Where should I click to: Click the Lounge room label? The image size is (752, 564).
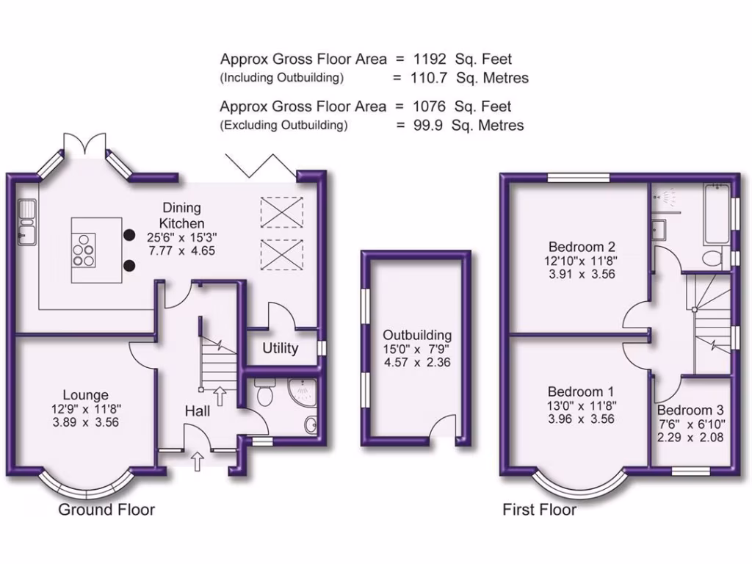[x=86, y=394]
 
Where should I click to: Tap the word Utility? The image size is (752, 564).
[x=280, y=348]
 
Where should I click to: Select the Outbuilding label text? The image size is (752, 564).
[x=417, y=335]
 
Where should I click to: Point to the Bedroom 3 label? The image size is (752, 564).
[x=690, y=410]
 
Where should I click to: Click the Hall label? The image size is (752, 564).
[x=198, y=411]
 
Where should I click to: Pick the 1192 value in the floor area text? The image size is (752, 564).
[x=429, y=59]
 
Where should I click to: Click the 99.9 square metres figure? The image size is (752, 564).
[x=428, y=125]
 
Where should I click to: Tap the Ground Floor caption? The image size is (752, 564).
[x=106, y=510]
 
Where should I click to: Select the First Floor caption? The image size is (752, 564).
[x=540, y=510]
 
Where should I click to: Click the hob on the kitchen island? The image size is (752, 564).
[x=84, y=250]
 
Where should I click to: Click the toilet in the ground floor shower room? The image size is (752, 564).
[x=264, y=391]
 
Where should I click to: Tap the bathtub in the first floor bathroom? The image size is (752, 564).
[x=717, y=213]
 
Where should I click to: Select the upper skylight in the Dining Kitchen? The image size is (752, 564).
[x=282, y=212]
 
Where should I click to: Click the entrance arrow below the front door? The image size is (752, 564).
[x=197, y=461]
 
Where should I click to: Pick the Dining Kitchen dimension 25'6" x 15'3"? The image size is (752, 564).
[x=182, y=237]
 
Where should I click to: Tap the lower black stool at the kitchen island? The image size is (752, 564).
[x=129, y=265]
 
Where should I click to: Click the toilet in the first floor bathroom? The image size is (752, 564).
[x=712, y=258]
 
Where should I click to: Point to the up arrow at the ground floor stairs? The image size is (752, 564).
[x=220, y=396]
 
